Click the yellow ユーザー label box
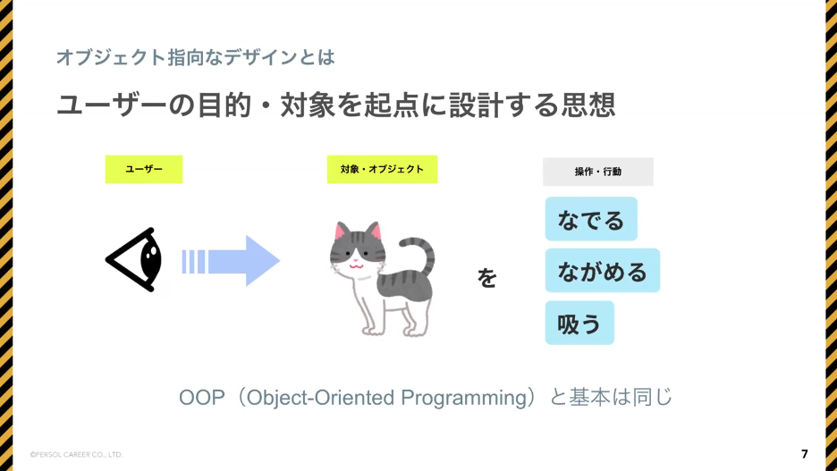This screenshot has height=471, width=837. tap(144, 170)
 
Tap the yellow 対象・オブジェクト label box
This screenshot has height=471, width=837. tap(382, 170)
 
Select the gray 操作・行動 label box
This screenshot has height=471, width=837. tap(598, 172)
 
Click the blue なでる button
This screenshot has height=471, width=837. tap(591, 219)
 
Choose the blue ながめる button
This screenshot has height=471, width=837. tap(602, 271)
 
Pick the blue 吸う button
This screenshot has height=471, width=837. tap(579, 323)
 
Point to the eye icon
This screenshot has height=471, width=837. tap(134, 260)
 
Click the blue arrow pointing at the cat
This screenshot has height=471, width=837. tap(231, 261)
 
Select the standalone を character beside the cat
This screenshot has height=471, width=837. tap(486, 278)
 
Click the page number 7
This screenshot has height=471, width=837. tap(805, 454)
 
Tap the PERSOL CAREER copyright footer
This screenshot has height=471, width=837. tap(76, 455)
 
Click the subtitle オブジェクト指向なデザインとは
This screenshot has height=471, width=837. tap(195, 57)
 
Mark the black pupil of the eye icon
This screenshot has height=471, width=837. tap(150, 258)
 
